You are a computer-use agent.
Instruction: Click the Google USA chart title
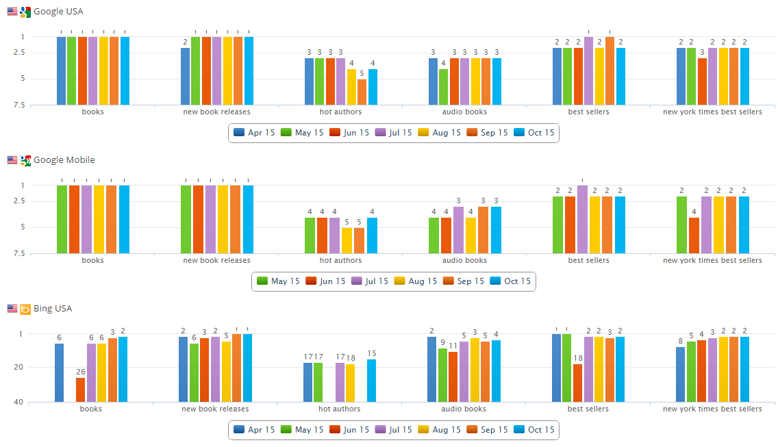pyautogui.click(x=58, y=12)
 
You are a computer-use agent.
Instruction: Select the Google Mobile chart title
pyautogui.click(x=64, y=160)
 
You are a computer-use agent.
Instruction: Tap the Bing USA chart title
pyautogui.click(x=53, y=309)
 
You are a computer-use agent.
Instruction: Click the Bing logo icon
pyautogui.click(x=25, y=309)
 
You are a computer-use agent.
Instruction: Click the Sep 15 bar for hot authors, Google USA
pyautogui.click(x=362, y=92)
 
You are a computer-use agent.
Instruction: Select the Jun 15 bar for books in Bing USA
pyautogui.click(x=81, y=389)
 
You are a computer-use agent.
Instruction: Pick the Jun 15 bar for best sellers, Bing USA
pyautogui.click(x=577, y=383)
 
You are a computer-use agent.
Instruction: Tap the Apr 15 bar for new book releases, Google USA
pyautogui.click(x=185, y=76)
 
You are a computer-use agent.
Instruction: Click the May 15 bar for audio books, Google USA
pyautogui.click(x=443, y=87)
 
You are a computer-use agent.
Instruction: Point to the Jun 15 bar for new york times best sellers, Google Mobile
pyautogui.click(x=694, y=235)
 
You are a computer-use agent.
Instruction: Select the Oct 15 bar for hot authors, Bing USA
pyautogui.click(x=371, y=381)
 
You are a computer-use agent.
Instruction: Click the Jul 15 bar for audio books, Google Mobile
pyautogui.click(x=458, y=230)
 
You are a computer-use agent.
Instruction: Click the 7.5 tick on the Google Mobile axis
pyautogui.click(x=18, y=253)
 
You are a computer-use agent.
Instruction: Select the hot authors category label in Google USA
pyautogui.click(x=340, y=112)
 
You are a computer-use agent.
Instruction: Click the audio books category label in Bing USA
pyautogui.click(x=464, y=409)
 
